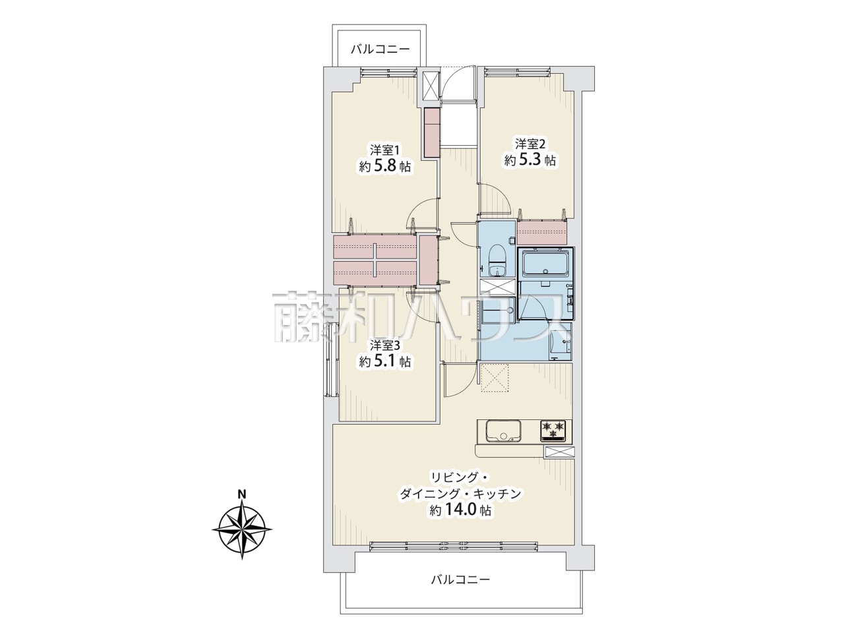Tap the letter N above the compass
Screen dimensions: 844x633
coord(242,494)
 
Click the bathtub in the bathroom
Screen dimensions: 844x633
coord(545,265)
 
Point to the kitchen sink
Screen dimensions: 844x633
coord(503,431)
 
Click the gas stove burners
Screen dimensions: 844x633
coord(553,430)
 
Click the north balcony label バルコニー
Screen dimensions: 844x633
coord(380,49)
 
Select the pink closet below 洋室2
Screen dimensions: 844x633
coord(543,233)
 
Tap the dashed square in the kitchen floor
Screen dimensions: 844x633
coord(495,378)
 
